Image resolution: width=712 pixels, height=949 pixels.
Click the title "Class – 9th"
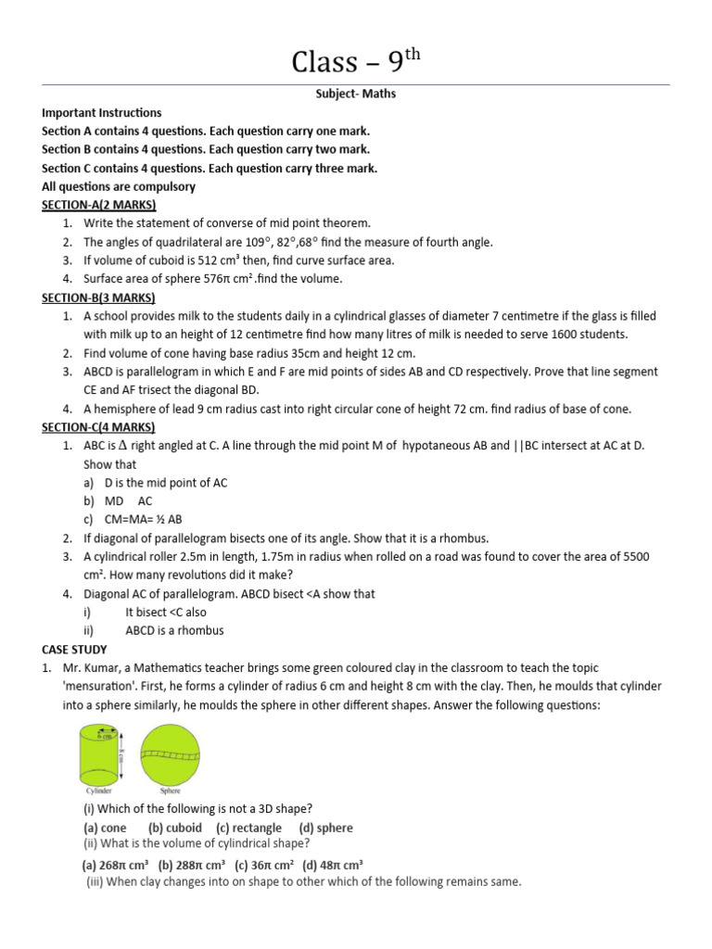356,61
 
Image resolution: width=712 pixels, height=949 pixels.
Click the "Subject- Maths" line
356,94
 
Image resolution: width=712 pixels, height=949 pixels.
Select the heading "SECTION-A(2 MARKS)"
99,205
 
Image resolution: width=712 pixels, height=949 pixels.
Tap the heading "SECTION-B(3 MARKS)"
99,297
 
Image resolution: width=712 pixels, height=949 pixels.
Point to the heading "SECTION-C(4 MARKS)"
99,427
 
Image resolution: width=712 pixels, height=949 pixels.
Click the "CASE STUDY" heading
74,650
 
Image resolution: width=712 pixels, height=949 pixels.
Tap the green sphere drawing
170,753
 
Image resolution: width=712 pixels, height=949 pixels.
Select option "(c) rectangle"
248,828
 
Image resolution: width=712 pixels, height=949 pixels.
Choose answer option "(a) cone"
105,828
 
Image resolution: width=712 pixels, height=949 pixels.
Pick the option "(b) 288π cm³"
193,865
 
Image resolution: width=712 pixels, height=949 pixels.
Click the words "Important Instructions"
102,112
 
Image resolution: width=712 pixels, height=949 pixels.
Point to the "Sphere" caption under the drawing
170,792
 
